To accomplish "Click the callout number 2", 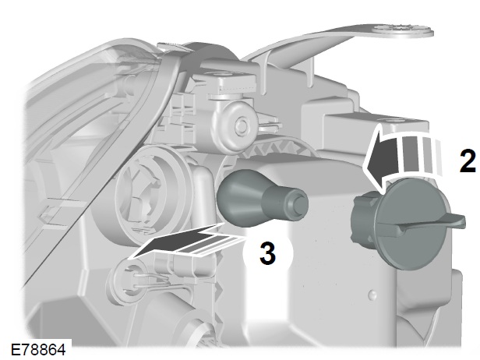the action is [x=468, y=160].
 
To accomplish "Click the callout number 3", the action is [x=267, y=252].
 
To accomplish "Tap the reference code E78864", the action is [x=38, y=350].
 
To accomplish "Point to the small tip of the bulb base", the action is [x=301, y=201].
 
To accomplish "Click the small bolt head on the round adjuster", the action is [x=242, y=125].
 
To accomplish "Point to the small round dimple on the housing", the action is [x=372, y=295].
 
